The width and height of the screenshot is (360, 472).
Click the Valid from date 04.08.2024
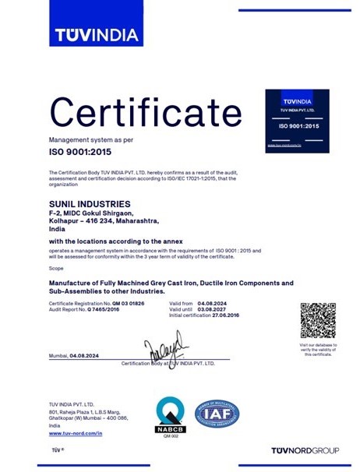pyautogui.click(x=214, y=302)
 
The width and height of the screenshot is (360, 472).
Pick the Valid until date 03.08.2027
pyautogui.click(x=214, y=309)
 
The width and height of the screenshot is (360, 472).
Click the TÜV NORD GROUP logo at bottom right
pyautogui.click(x=305, y=451)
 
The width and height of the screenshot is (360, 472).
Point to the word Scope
pyautogui.click(x=55, y=267)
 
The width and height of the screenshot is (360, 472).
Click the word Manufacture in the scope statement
pyautogui.click(x=73, y=282)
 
